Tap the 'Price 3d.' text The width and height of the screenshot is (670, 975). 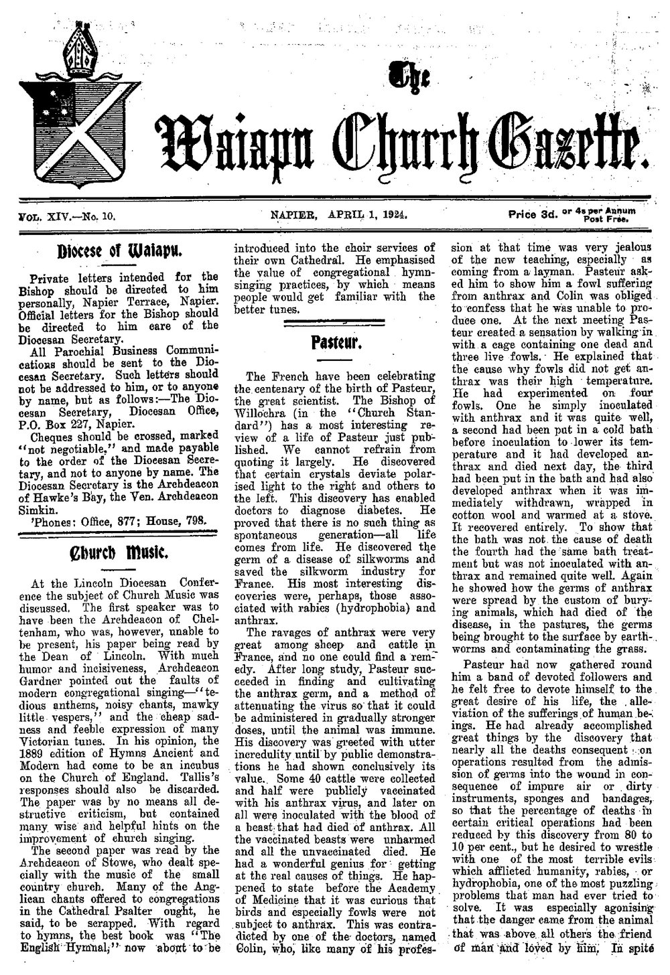pyautogui.click(x=533, y=216)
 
